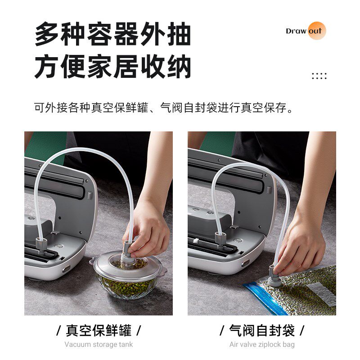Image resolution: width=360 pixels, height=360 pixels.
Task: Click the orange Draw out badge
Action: coord(306,31)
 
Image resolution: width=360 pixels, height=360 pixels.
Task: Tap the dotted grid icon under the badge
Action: coord(319,76)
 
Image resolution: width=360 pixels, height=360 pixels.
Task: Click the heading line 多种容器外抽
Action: coord(112,35)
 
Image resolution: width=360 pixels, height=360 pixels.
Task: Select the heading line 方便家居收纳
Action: coord(112,67)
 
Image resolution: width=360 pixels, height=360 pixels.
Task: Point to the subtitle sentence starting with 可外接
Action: coord(166,108)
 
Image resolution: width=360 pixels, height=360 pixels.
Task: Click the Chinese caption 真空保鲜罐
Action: coord(99,331)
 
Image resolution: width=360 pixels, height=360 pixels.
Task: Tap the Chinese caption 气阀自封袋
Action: coord(262,331)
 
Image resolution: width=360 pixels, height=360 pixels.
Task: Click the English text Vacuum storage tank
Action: coord(99,345)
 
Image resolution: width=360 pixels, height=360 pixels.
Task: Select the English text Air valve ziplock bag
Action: coord(262,345)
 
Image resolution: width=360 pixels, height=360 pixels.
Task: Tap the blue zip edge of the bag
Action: coord(263,297)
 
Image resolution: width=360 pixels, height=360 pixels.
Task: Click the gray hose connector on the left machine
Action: coord(40,241)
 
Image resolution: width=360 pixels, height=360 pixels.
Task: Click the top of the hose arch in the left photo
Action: coord(81,151)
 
